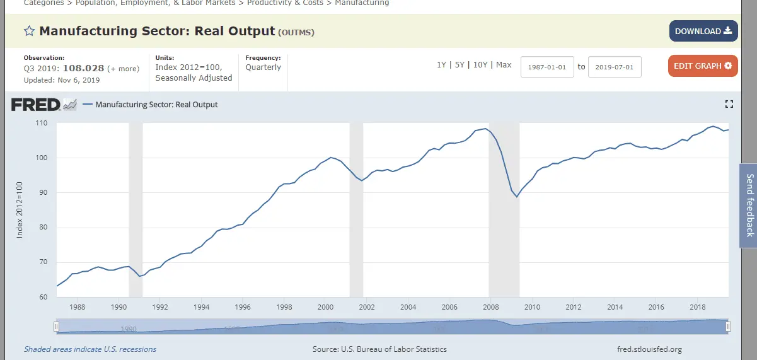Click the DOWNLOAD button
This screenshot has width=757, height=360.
703,31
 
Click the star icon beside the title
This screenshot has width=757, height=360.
29,31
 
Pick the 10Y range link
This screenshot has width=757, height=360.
480,65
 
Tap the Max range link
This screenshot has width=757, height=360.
504,65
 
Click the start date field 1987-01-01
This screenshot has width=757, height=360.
547,66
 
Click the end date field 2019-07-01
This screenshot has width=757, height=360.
615,66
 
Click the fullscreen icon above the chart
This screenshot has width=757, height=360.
729,105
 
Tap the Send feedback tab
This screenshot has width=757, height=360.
749,206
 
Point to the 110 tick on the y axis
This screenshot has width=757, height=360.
42,123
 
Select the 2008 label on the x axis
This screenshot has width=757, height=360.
491,307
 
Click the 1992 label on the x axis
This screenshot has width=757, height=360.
159,307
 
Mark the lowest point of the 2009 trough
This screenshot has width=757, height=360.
517,197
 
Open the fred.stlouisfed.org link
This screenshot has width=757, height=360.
650,349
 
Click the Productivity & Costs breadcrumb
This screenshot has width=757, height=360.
285,3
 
